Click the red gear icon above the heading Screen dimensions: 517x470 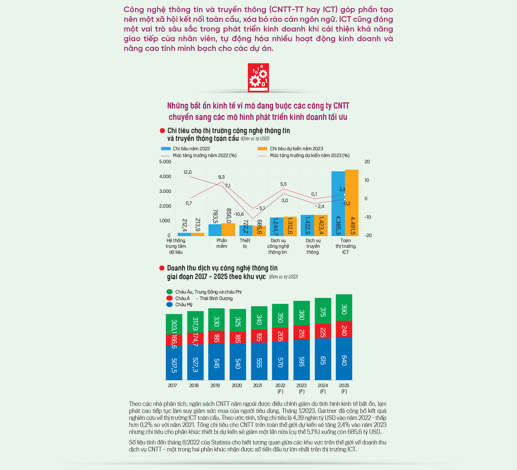(x=258, y=78)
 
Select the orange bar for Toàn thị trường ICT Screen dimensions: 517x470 (x=352, y=203)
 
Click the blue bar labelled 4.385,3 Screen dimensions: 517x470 (x=338, y=204)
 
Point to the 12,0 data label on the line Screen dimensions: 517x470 (x=188, y=172)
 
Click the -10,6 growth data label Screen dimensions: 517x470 (x=238, y=214)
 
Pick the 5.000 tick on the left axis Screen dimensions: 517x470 (x=165, y=162)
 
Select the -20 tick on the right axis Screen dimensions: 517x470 (x=368, y=235)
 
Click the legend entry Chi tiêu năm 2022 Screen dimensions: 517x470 (x=185, y=148)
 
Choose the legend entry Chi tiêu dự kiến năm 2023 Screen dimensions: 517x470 (x=290, y=148)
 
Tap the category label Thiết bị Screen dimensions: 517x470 (x=245, y=243)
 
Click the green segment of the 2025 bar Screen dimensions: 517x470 (x=344, y=308)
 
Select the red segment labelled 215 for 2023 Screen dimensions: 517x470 (x=302, y=332)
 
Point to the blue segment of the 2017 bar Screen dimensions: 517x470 (x=174, y=363)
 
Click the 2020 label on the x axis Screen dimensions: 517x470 (x=237, y=385)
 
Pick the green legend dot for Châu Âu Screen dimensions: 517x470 (x=170, y=292)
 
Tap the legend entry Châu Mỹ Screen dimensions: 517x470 (x=180, y=305)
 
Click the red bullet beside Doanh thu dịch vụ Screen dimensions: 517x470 (x=162, y=268)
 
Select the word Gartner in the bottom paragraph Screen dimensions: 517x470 (x=328, y=411)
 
